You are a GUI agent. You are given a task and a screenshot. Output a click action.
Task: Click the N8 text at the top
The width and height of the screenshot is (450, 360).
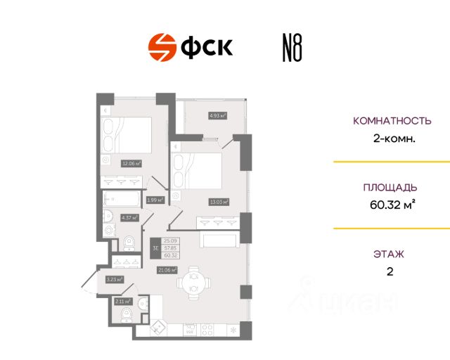point(288,49)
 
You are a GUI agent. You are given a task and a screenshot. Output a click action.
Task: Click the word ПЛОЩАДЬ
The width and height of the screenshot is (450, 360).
point(390,188)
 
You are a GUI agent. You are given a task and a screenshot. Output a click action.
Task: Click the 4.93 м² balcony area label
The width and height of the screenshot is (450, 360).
point(217,115)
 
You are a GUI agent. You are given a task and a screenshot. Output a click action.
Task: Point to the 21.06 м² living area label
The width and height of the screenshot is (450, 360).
point(167,269)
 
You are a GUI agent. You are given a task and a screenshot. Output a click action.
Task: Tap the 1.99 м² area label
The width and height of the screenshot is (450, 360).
point(155,200)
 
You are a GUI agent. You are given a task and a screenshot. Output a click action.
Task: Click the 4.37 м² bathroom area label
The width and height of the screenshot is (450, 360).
point(129,217)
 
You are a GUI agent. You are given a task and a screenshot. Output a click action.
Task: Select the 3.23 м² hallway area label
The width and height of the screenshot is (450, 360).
point(115,279)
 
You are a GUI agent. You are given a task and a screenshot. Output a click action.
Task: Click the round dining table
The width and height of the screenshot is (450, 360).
point(193,285)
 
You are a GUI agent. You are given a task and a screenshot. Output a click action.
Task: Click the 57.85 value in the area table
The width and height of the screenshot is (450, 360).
point(170,249)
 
